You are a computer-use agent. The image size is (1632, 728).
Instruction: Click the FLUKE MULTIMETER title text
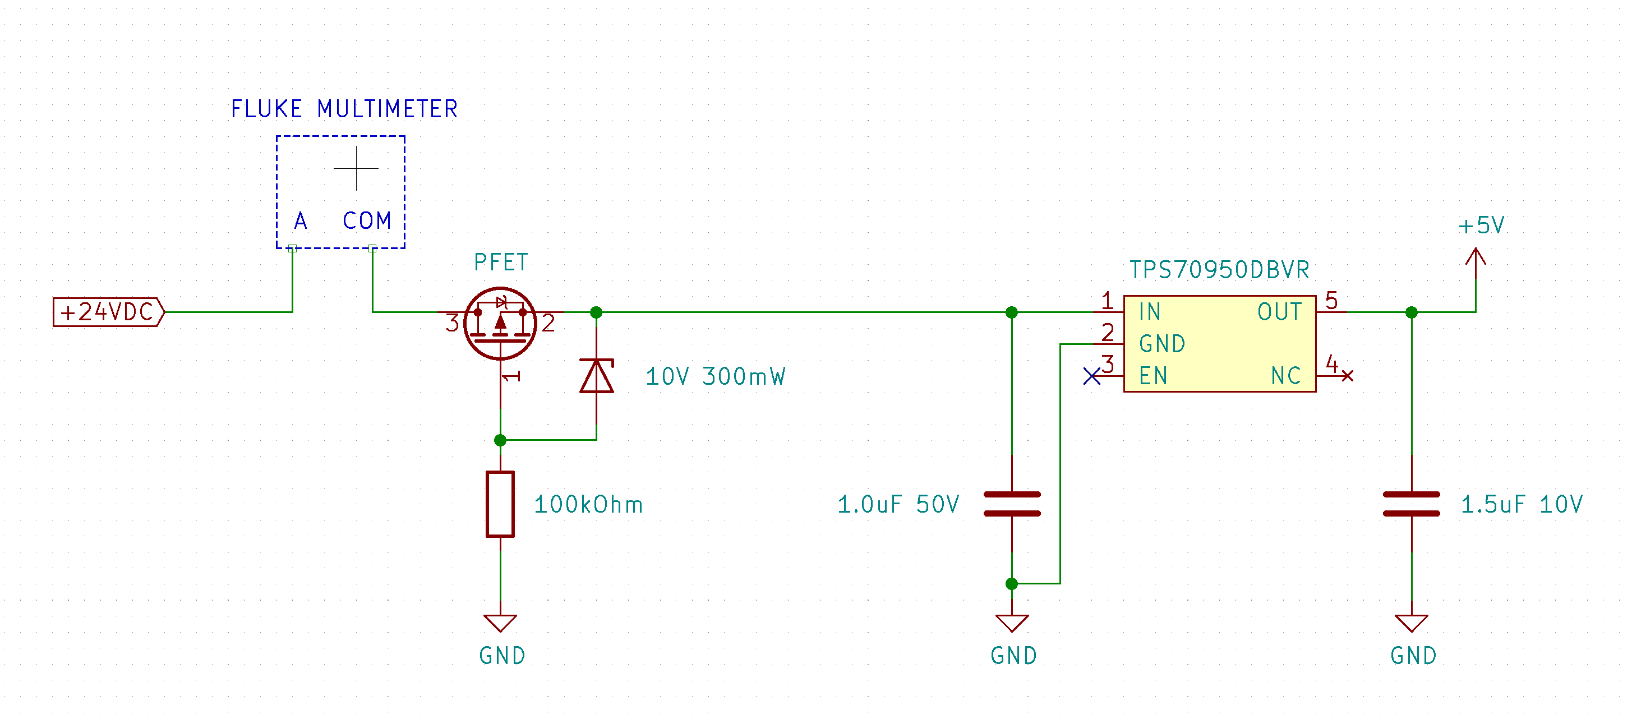click(344, 109)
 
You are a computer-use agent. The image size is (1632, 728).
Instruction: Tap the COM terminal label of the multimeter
click(367, 220)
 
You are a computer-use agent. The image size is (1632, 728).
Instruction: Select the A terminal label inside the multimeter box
click(300, 220)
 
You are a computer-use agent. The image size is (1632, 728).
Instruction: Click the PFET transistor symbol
click(500, 322)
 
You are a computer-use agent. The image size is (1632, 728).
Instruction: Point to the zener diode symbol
click(596, 376)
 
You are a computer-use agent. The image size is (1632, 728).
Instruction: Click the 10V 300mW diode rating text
click(715, 376)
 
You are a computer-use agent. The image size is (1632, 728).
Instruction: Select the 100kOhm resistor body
click(500, 504)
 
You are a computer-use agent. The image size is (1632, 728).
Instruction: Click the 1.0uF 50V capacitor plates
click(1012, 504)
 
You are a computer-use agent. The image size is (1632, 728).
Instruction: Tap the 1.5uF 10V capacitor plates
click(1412, 504)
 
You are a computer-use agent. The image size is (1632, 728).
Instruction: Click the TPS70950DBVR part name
click(1219, 270)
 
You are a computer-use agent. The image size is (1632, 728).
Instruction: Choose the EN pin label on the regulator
click(1152, 376)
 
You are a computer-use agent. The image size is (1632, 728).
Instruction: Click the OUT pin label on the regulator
click(1279, 312)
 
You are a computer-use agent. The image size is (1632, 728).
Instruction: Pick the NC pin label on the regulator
click(1285, 376)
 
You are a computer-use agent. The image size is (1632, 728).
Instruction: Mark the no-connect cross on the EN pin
click(1091, 376)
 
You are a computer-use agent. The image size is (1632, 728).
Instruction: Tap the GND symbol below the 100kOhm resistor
click(500, 623)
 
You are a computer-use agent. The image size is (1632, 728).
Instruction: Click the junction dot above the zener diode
click(596, 312)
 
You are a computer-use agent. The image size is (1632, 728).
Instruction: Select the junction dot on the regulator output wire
click(1412, 312)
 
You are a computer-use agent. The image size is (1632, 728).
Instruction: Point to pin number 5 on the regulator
click(1331, 300)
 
